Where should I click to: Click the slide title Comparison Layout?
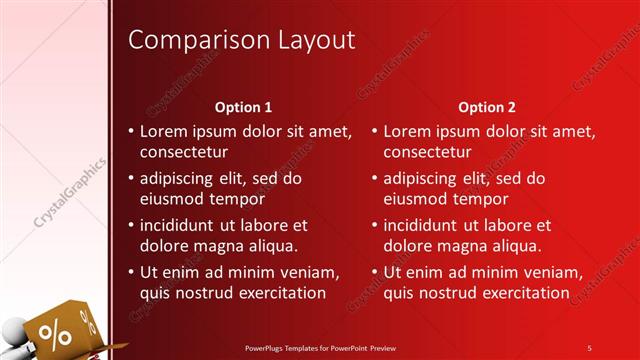pos(243,40)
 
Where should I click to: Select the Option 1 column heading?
pos(243,106)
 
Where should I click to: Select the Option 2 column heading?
pos(487,106)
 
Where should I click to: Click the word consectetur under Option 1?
pos(184,152)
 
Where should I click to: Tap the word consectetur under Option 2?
pos(428,152)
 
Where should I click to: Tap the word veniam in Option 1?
pos(312,272)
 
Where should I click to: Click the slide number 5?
pos(589,347)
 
